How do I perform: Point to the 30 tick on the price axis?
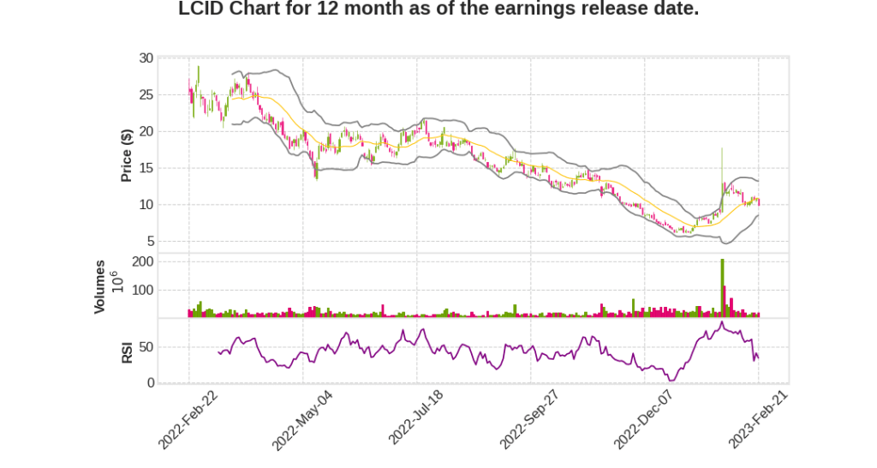click(x=146, y=58)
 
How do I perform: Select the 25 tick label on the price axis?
click(x=146, y=95)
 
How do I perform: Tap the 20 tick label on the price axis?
click(x=146, y=131)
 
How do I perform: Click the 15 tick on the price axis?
click(x=146, y=168)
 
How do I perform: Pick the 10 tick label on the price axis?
click(x=146, y=205)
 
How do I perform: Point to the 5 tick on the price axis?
click(x=150, y=241)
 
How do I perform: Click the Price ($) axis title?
click(x=127, y=154)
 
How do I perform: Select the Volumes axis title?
click(x=100, y=287)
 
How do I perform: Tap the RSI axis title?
click(x=127, y=352)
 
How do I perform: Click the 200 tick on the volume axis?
click(x=143, y=261)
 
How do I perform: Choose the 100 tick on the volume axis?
click(x=143, y=290)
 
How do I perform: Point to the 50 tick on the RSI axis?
click(x=146, y=347)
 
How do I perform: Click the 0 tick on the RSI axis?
click(x=150, y=383)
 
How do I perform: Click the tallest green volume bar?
click(x=722, y=288)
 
